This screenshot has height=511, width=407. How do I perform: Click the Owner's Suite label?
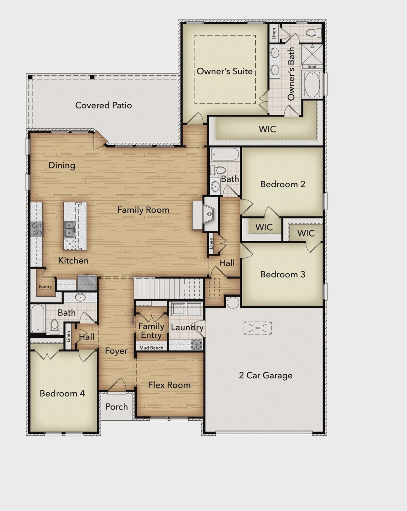pyautogui.click(x=224, y=71)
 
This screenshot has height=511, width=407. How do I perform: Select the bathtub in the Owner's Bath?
pyautogui.click(x=312, y=84)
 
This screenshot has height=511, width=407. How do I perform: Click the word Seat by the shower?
pyautogui.click(x=312, y=66)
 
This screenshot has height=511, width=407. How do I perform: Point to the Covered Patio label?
pyautogui.click(x=103, y=105)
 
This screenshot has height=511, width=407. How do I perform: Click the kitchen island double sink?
pyautogui.click(x=70, y=229)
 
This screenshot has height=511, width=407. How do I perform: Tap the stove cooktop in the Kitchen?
pyautogui.click(x=37, y=229)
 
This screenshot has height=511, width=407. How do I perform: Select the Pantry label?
pyautogui.click(x=45, y=287)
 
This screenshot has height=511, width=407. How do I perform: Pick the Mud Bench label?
pyautogui.click(x=151, y=348)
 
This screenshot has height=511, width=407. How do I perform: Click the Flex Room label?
pyautogui.click(x=169, y=385)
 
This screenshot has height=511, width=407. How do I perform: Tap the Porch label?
pyautogui.click(x=117, y=407)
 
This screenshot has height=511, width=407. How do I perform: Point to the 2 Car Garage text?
pyautogui.click(x=266, y=375)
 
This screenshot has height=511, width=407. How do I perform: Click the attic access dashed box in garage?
pyautogui.click(x=258, y=328)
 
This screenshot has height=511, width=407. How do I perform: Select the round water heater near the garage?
pyautogui.click(x=233, y=302)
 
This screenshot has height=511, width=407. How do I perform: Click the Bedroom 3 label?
pyautogui.click(x=282, y=274)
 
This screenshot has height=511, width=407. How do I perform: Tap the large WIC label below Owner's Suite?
pyautogui.click(x=267, y=129)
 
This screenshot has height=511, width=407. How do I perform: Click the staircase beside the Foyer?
pyautogui.click(x=169, y=288)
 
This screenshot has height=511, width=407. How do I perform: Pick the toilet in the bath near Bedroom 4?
pyautogui.click(x=55, y=326)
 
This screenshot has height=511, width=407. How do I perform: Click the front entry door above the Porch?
pyautogui.click(x=117, y=385)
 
